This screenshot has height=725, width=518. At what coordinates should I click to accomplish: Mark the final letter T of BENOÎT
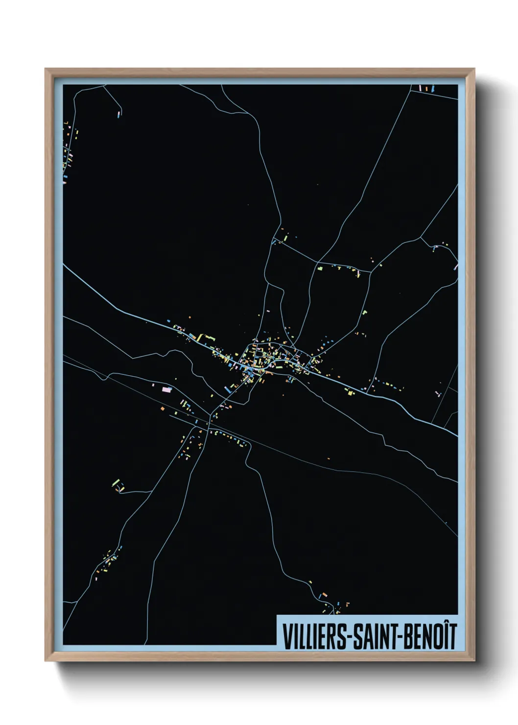pos(451,636)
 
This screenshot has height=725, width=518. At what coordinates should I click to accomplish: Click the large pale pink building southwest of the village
pos(167,389)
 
